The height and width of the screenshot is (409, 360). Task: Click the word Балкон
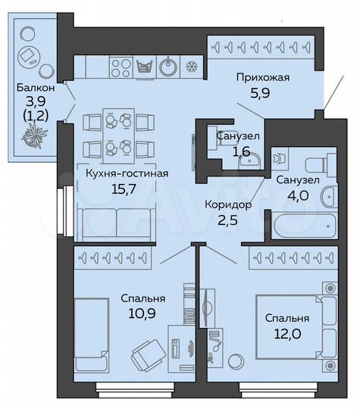(x=33, y=87)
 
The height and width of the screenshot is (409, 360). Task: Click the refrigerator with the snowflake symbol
(x=192, y=66)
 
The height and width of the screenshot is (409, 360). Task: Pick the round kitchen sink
(x=168, y=67)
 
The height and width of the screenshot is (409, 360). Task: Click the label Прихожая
(x=263, y=78)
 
